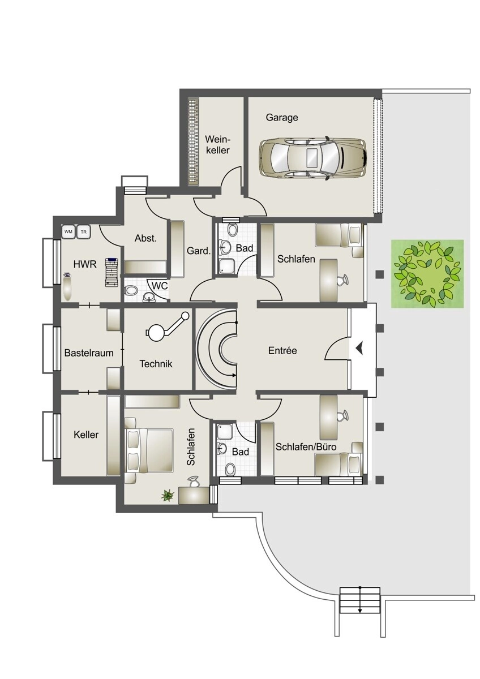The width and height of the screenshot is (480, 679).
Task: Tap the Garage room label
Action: pyautogui.click(x=282, y=118)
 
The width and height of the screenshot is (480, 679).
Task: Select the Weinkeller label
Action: pyautogui.click(x=218, y=145)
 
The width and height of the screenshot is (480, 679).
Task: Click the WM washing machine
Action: pyautogui.click(x=69, y=232)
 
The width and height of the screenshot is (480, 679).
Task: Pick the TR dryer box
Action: pyautogui.click(x=84, y=232)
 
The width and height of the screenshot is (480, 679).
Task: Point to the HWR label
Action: pyautogui.click(x=85, y=264)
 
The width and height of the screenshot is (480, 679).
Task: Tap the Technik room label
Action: pyautogui.click(x=156, y=364)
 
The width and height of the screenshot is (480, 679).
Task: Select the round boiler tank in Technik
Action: pyautogui.click(x=156, y=332)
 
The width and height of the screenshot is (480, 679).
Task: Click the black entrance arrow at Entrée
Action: pyautogui.click(x=359, y=347)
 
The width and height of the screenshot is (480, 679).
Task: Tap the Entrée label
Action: pyautogui.click(x=282, y=351)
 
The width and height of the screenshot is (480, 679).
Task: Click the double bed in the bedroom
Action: pyautogui.click(x=148, y=450)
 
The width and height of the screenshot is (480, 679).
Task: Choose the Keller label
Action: pyautogui.click(x=86, y=435)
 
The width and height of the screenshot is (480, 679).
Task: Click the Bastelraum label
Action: pyautogui.click(x=89, y=353)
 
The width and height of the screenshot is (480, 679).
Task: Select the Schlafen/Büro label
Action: pyautogui.click(x=306, y=447)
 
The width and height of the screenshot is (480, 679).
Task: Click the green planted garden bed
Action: pyautogui.click(x=427, y=274)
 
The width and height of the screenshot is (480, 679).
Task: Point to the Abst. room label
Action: pyautogui.click(x=145, y=238)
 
